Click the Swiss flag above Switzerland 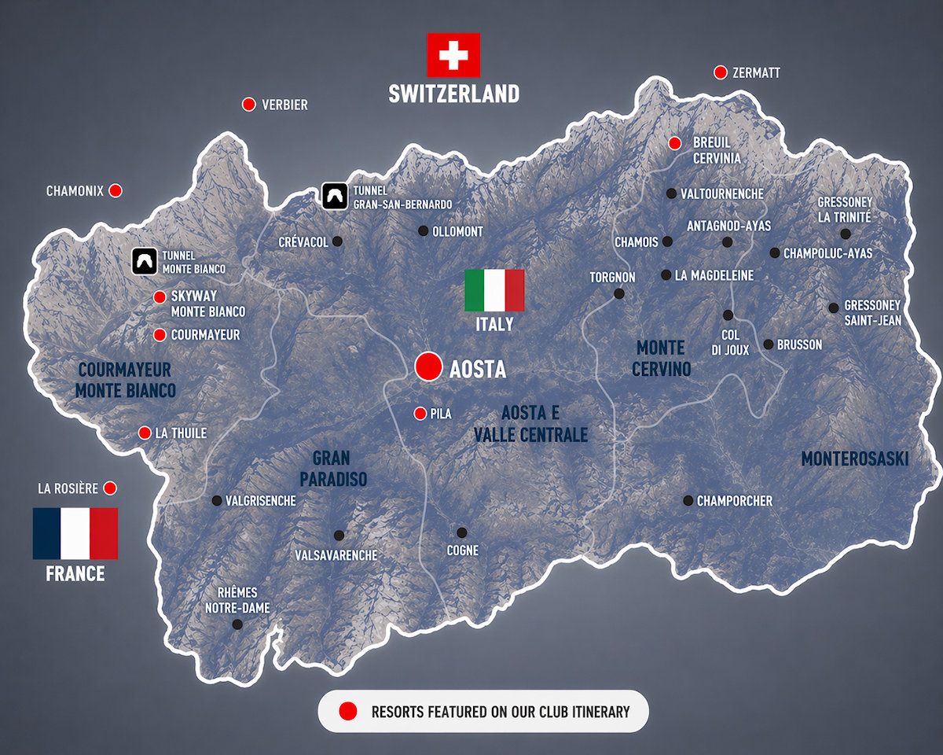coord(453,55)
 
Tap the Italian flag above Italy coord(494,290)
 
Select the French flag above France coord(75,533)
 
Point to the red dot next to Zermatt coord(720,72)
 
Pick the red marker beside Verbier coord(249,105)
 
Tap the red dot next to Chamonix coord(116,190)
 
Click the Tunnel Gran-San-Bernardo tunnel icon coord(335,196)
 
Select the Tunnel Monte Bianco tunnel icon coord(145,262)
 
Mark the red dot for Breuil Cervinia coord(674,143)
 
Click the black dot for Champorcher coord(688,500)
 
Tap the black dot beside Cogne coord(461,532)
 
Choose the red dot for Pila coord(420,414)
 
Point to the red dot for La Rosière coord(110,488)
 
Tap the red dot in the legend coord(348,712)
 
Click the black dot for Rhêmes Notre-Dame coord(237,624)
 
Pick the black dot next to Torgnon coord(619,293)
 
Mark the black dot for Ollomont coord(423,231)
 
